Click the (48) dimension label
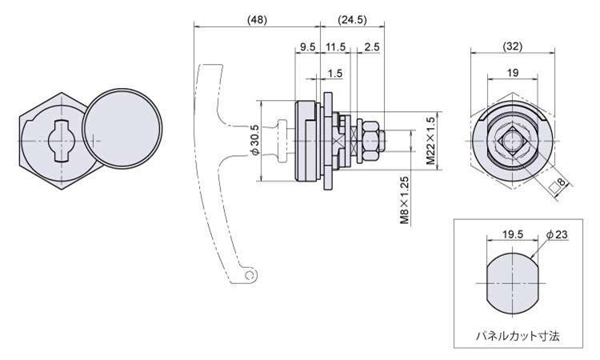[x=256, y=18]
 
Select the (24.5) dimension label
[x=350, y=18]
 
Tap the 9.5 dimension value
[x=306, y=47]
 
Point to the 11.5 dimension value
[x=336, y=47]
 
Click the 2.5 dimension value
[x=371, y=47]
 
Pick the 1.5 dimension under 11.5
[x=336, y=74]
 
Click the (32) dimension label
[x=512, y=46]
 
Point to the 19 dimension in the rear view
[x=512, y=73]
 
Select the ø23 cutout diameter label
[x=557, y=235]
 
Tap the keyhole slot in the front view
[x=58, y=140]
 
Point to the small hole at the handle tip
[x=250, y=275]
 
